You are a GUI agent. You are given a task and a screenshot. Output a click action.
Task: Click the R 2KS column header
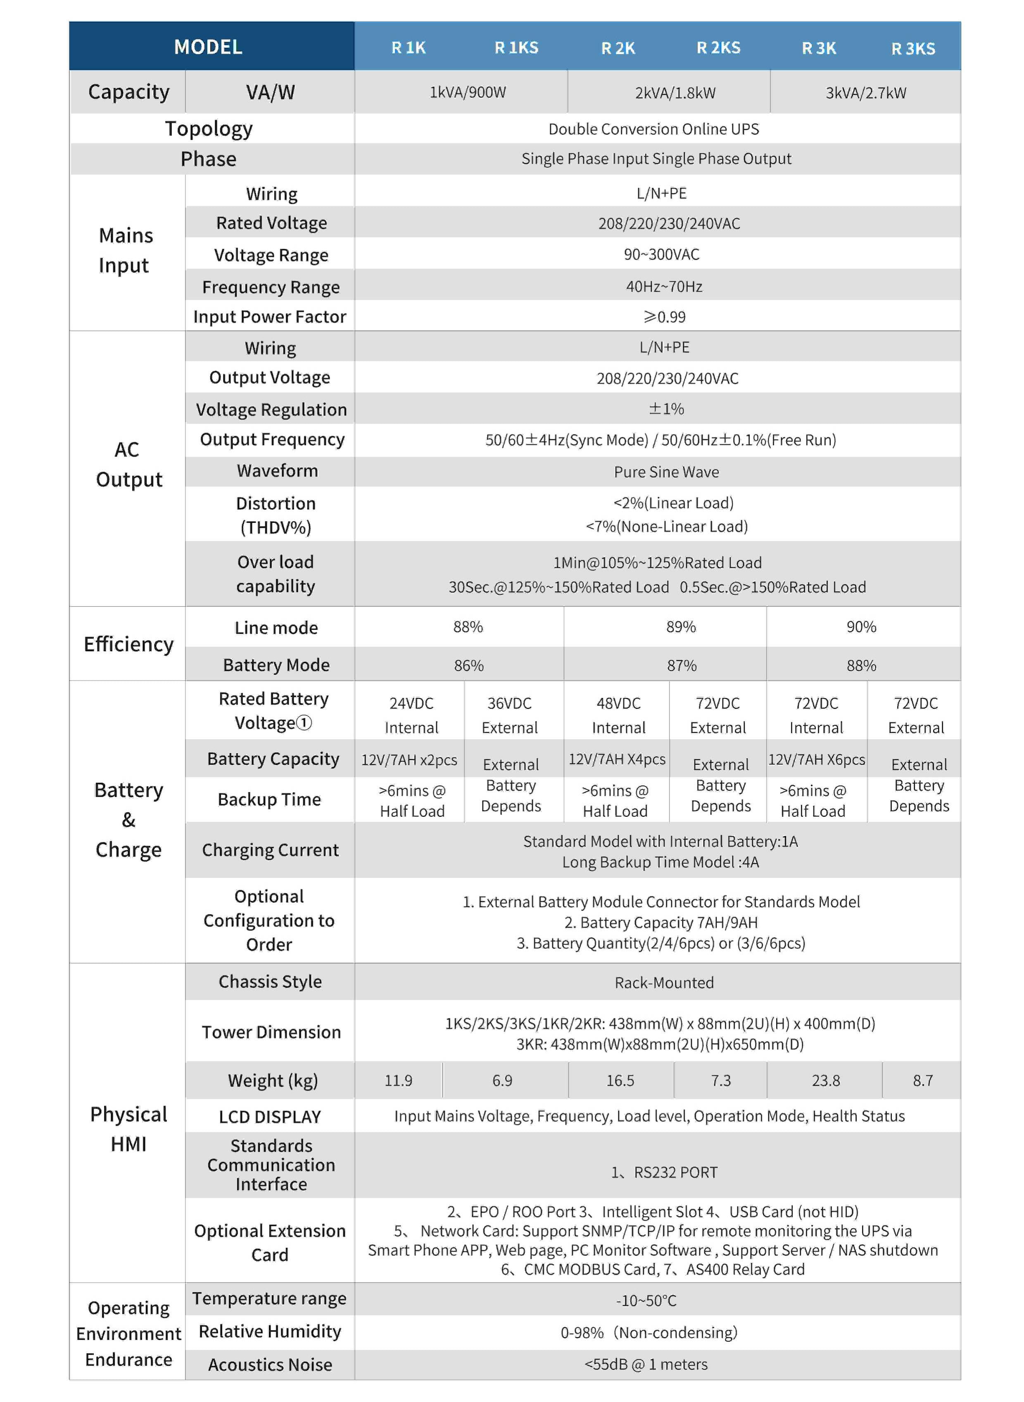[x=718, y=48]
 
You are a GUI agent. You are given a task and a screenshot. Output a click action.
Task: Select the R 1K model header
[x=409, y=48]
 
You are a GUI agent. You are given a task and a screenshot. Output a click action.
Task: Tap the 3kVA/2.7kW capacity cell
[x=865, y=93]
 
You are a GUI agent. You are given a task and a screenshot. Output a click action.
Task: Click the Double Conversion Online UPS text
[x=653, y=129]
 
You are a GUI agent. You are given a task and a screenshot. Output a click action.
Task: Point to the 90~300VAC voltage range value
[x=661, y=255]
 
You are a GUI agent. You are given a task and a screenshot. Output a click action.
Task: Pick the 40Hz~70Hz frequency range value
[x=664, y=286]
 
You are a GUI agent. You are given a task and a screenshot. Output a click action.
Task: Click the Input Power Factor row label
[x=270, y=317]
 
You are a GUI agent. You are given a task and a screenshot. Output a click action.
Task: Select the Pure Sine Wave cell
[x=666, y=472]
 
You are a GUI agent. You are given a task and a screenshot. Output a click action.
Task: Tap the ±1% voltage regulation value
[x=666, y=409]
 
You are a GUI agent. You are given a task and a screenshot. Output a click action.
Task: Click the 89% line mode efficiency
[x=681, y=627]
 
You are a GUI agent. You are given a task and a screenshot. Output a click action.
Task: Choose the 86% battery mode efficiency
[x=468, y=665]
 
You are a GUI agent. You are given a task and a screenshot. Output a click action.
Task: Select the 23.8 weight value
[x=826, y=1080]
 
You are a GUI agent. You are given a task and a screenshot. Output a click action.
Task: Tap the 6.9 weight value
[x=502, y=1080]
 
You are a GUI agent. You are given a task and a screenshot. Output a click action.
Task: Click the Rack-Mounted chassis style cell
[x=664, y=982]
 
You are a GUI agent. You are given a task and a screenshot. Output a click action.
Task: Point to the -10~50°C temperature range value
[x=646, y=1301]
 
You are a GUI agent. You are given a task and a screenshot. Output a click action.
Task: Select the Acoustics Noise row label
[x=270, y=1365]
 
